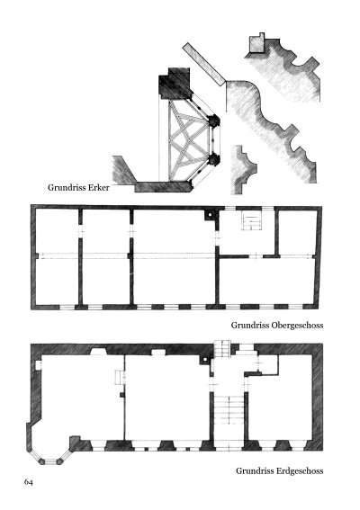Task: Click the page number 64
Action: pos(28,482)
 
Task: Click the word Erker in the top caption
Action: pos(99,187)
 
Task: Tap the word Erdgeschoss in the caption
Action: pos(300,471)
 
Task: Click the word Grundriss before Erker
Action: pos(67,188)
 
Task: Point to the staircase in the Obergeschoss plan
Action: pos(252,220)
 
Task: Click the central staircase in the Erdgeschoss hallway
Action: pos(229,410)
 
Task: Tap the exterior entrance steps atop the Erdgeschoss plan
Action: pos(222,349)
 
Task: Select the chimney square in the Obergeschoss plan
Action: pos(210,215)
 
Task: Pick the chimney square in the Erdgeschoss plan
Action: pos(205,360)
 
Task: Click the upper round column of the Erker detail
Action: pos(213,121)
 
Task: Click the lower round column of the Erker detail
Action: pos(213,160)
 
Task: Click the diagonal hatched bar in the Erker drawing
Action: pos(203,64)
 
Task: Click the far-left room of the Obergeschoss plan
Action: pos(57,256)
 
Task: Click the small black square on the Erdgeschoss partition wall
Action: pos(122,395)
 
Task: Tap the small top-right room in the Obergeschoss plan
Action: pos(298,233)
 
